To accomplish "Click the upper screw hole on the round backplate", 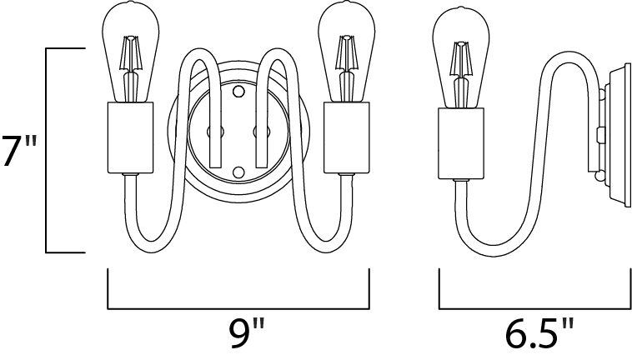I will [238, 89].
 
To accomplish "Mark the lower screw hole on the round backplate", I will [238, 172].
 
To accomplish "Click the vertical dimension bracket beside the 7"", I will [47, 150].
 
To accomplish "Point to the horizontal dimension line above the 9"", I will [238, 306].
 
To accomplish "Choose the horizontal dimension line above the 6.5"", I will [535, 306].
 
